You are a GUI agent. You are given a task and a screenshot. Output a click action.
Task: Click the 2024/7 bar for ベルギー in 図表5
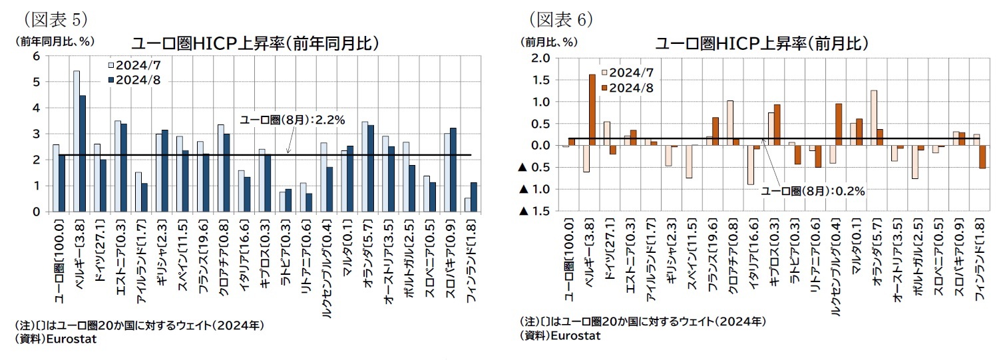pos(77,141)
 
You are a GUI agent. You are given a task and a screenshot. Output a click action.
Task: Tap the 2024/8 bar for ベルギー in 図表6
pos(592,110)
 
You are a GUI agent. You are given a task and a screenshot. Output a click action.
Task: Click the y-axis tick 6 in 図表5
pos(35,56)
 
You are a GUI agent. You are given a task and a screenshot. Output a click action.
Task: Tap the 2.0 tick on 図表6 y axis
pos(541,58)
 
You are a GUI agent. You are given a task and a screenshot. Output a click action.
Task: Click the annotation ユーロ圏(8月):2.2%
pos(292,120)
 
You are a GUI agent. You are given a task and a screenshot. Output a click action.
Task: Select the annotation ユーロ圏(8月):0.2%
pos(813,190)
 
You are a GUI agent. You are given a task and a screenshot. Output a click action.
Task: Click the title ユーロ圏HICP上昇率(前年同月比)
pos(255,43)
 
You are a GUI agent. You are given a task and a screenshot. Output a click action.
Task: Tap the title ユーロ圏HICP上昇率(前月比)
pos(761,44)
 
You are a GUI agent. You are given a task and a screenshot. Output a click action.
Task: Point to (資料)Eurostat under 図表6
pos(560,336)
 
